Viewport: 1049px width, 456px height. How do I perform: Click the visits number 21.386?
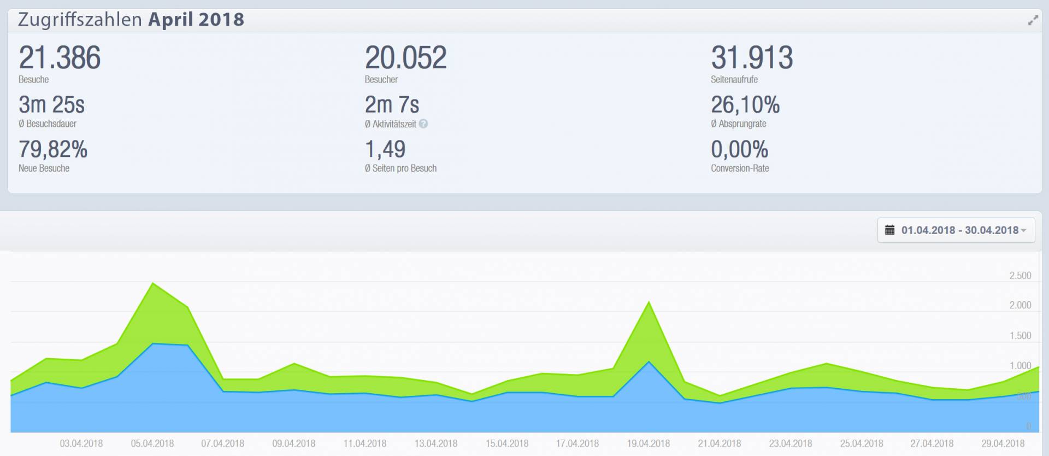pyautogui.click(x=60, y=58)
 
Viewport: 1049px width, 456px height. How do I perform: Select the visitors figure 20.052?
pyautogui.click(x=405, y=58)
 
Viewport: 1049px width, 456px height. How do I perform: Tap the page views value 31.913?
pyautogui.click(x=751, y=58)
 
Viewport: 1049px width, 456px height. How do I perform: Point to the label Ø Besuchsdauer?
pyautogui.click(x=48, y=124)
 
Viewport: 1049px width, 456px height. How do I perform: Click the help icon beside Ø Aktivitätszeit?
pyautogui.click(x=423, y=124)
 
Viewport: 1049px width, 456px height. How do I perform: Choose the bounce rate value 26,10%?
pyautogui.click(x=745, y=104)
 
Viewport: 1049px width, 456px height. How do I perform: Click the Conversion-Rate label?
pyautogui.click(x=739, y=168)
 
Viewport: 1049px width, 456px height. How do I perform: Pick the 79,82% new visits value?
pyautogui.click(x=53, y=149)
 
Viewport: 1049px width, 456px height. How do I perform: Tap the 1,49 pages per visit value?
pyautogui.click(x=385, y=149)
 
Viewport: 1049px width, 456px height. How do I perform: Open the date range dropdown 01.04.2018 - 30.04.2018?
pyautogui.click(x=956, y=230)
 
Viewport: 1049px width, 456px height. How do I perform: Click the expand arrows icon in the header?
pyautogui.click(x=1033, y=21)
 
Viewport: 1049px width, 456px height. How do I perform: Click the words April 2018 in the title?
pyautogui.click(x=196, y=20)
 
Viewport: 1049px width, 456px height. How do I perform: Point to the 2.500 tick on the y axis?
pyautogui.click(x=1020, y=276)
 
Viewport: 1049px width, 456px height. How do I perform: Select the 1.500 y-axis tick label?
pyautogui.click(x=1020, y=336)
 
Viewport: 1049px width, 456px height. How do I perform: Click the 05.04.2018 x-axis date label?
pyautogui.click(x=152, y=443)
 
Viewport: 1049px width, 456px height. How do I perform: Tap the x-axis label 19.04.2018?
pyautogui.click(x=648, y=443)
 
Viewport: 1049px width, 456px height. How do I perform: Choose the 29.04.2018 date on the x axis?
pyautogui.click(x=1003, y=443)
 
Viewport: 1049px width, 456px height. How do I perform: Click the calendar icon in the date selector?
pyautogui.click(x=889, y=230)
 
